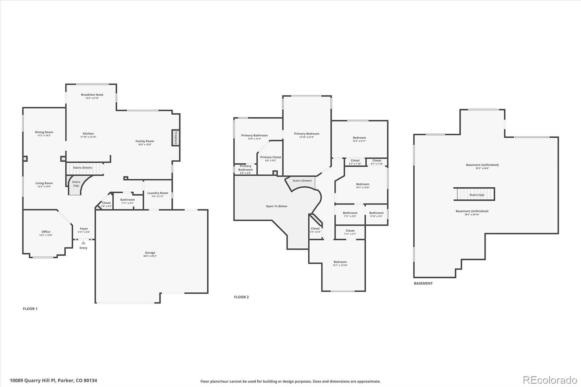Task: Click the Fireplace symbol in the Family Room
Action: (x=176, y=138)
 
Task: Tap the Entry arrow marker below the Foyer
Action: (x=84, y=243)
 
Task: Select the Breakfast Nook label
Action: (x=92, y=95)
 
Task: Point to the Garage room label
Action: (x=150, y=253)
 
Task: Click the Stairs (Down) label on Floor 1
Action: (x=82, y=168)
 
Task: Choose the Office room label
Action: (x=46, y=232)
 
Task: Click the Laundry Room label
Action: (x=158, y=193)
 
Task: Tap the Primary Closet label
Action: (x=271, y=157)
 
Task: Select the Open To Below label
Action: (x=276, y=206)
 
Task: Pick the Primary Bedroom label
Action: (x=306, y=134)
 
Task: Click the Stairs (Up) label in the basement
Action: (x=476, y=195)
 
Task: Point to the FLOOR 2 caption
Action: (x=241, y=297)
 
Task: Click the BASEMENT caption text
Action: (x=423, y=283)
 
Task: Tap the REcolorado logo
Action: (x=549, y=380)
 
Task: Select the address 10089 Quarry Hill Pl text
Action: (x=53, y=381)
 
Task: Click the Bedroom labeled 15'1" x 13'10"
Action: (x=340, y=262)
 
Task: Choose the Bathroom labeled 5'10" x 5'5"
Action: (x=376, y=213)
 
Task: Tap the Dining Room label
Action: (x=44, y=132)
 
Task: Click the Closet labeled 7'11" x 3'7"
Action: (x=350, y=231)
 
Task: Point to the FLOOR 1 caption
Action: (x=30, y=309)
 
